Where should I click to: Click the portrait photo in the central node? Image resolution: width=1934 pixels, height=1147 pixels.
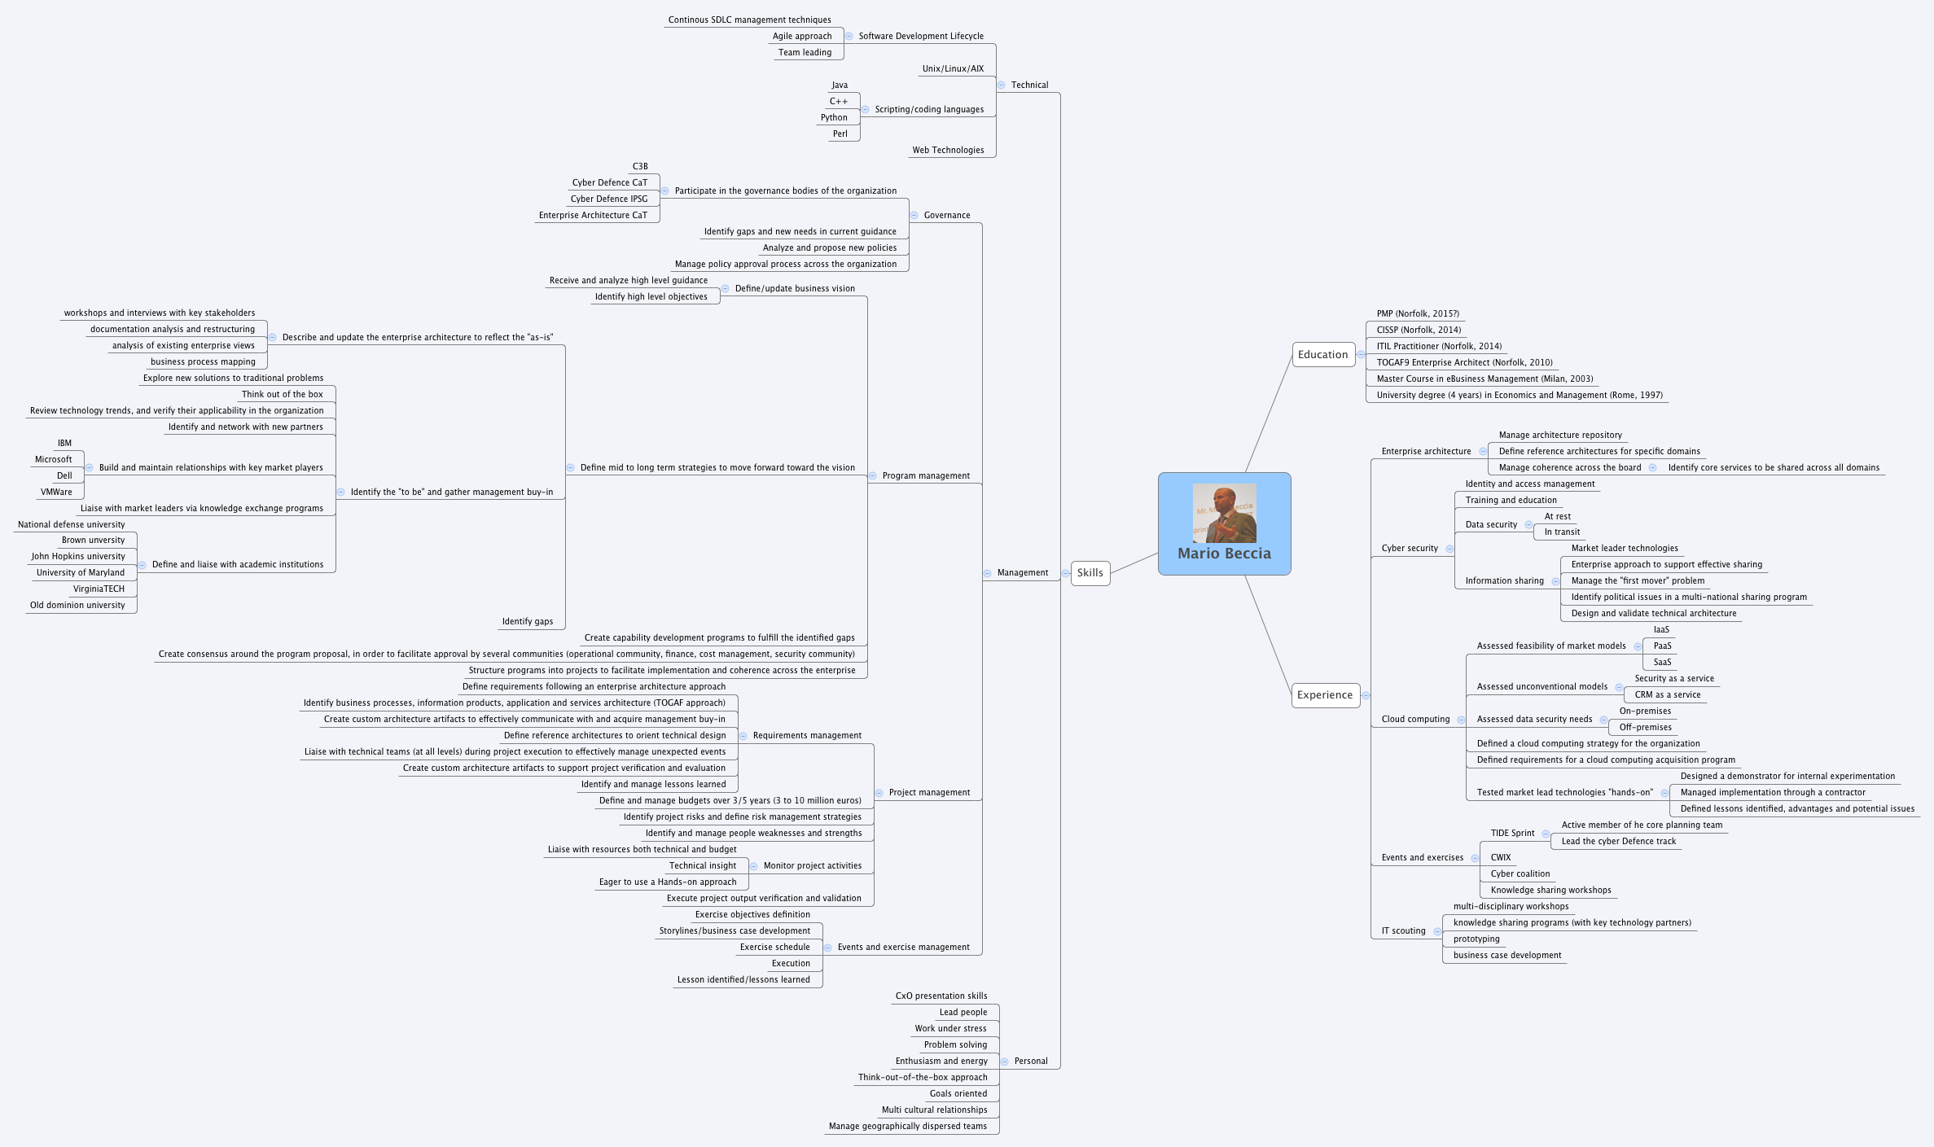(x=1224, y=513)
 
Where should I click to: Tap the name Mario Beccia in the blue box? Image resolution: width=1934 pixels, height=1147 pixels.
(x=1224, y=554)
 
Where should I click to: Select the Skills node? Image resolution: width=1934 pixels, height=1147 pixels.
(x=1090, y=572)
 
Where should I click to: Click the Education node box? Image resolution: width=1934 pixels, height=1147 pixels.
(x=1322, y=354)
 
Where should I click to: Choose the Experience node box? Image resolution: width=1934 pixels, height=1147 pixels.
(x=1324, y=694)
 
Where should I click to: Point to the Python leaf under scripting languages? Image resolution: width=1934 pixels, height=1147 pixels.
(x=834, y=117)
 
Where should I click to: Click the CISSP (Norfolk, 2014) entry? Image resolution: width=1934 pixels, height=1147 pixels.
(x=1419, y=330)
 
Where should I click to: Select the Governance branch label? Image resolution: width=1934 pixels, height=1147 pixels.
(x=946, y=215)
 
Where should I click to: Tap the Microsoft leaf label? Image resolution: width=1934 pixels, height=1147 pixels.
(x=53, y=459)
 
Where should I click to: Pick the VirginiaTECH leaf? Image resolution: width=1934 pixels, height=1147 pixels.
(x=99, y=589)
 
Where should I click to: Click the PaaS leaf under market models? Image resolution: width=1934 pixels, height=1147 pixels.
(x=1662, y=646)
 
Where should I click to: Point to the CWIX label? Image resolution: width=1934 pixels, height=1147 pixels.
(x=1500, y=857)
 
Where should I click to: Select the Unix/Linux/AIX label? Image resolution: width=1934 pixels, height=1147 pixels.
(x=953, y=68)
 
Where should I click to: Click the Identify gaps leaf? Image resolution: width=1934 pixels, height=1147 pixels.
(x=527, y=621)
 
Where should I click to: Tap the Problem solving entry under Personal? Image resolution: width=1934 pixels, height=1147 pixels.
(x=955, y=1044)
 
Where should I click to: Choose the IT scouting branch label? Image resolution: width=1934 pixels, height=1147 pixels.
(x=1403, y=930)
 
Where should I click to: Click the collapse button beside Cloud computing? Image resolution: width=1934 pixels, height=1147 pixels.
(x=1461, y=720)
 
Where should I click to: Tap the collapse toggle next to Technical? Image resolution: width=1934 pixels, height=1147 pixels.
(x=1001, y=85)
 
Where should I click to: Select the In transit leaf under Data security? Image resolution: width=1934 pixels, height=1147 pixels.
(x=1562, y=532)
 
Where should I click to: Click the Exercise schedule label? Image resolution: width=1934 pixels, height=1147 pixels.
(x=774, y=947)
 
